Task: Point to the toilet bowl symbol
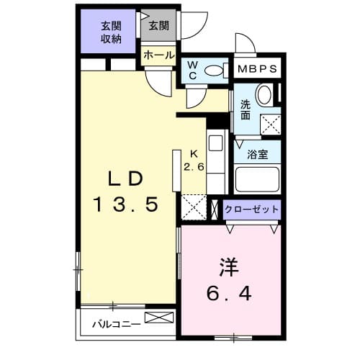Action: click(x=214, y=70)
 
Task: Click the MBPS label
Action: click(x=258, y=70)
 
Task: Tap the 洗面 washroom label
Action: click(x=245, y=108)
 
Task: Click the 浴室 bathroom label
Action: click(x=257, y=153)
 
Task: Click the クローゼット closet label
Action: click(x=251, y=210)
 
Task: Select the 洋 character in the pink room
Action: click(x=228, y=266)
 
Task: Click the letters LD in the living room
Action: click(x=126, y=179)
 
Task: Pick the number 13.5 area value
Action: click(x=126, y=205)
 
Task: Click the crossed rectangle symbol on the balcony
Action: click(x=159, y=318)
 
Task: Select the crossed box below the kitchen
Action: click(x=194, y=206)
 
